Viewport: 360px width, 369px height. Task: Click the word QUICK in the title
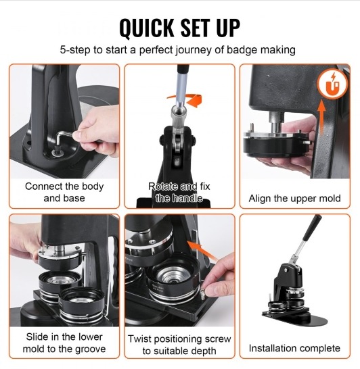[x=146, y=28]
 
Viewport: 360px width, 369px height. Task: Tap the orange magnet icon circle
[x=332, y=84]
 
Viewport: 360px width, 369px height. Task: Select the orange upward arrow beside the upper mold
[x=321, y=117]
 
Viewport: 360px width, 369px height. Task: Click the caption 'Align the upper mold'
[x=294, y=198]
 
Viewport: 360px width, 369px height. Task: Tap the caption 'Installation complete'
[x=294, y=348]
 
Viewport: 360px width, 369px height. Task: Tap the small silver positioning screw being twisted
[x=202, y=293]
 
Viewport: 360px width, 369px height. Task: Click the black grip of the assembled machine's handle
[x=311, y=228]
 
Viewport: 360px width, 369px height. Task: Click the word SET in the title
[x=195, y=28]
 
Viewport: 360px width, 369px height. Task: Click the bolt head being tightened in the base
[x=57, y=152]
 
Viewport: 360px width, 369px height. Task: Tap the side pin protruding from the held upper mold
[x=307, y=143]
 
